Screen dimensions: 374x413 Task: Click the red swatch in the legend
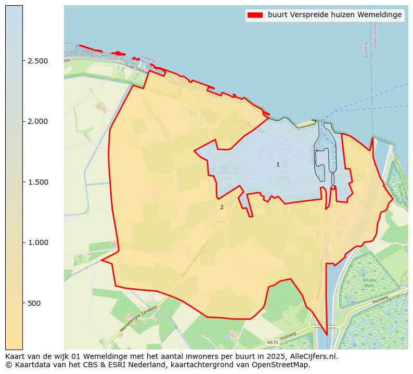point(255,15)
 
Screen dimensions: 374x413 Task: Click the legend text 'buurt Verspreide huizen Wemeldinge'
point(334,15)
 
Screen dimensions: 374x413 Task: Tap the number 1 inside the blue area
point(278,164)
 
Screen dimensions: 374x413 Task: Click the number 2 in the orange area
point(222,207)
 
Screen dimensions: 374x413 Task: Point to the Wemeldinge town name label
point(275,150)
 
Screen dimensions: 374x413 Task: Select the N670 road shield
point(272,342)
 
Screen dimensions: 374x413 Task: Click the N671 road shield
point(222,222)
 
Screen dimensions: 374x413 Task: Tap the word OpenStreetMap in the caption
point(282,365)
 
